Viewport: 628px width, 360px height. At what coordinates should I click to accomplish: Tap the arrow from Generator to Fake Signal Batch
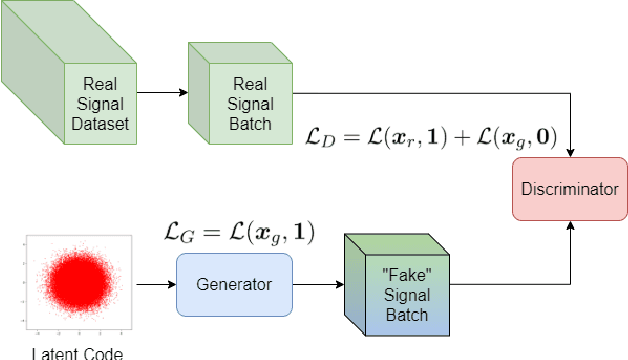pyautogui.click(x=318, y=285)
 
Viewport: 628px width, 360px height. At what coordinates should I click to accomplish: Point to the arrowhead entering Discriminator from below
pyautogui.click(x=570, y=226)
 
